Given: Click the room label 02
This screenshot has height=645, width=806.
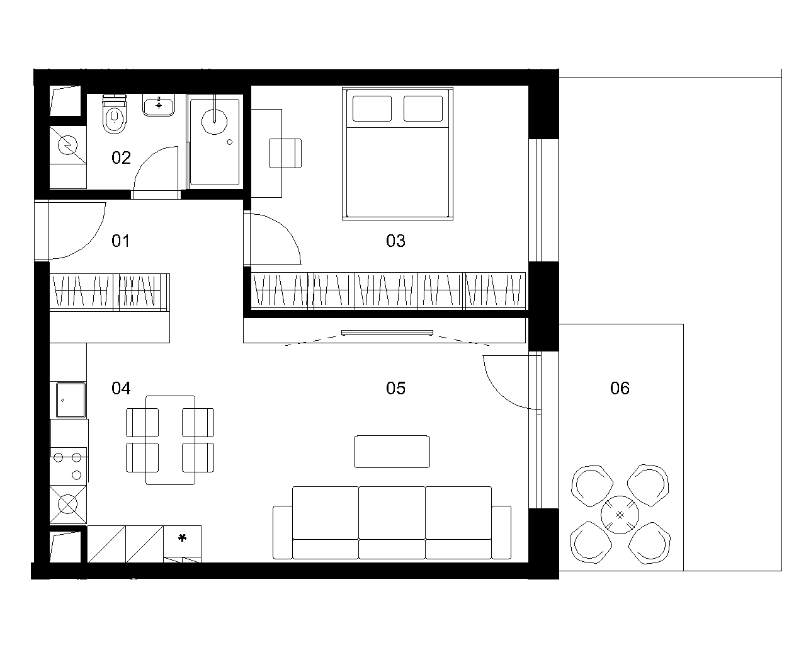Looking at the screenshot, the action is coord(121,157).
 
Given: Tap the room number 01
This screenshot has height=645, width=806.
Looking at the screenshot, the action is coord(121,241).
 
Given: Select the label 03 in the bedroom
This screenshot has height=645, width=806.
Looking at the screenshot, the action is coord(395,241).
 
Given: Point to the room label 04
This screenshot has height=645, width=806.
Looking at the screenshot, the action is coord(121,388).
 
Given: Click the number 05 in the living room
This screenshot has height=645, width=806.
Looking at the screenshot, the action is coord(395,388).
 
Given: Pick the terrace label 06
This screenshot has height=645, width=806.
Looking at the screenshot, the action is coord(620,388).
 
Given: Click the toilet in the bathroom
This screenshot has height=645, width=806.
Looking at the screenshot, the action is coord(115,114).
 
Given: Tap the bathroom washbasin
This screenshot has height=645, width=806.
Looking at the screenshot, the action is coord(159,105).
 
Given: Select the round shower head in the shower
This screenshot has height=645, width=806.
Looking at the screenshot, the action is coord(214,122).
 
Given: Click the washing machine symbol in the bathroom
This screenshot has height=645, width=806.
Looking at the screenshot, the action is coord(68,145).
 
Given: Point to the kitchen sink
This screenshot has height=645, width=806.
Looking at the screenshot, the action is coord(71,400).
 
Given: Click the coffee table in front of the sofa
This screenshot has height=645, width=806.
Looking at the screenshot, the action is coord(392,451).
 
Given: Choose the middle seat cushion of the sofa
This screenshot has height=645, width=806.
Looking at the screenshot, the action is coord(392,513).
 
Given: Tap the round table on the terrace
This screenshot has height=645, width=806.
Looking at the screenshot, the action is coord(620,515).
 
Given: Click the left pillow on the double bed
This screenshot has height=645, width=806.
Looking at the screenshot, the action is coord(372,109).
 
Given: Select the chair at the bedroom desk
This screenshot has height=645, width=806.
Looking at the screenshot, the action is coord(285,153).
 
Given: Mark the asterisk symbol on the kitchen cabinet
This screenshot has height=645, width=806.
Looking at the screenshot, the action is coord(183,538).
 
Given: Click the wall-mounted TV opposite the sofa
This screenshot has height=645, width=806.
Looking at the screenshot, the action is coord(387,333).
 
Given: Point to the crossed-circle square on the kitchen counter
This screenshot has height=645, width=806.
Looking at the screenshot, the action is coord(68,504).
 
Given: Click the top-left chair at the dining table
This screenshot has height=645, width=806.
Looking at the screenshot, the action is coord(142,423).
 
